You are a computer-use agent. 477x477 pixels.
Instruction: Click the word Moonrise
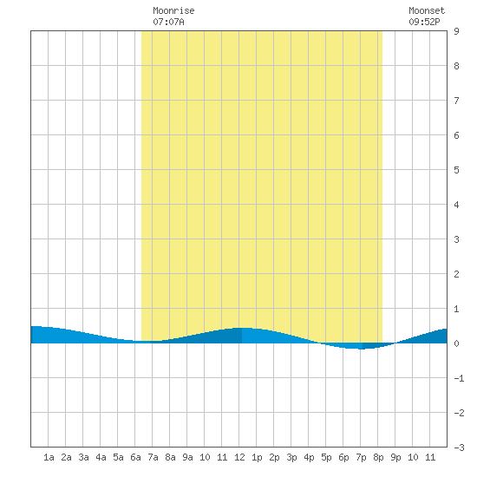click(x=173, y=10)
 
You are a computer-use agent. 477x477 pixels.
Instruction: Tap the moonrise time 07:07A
click(x=168, y=22)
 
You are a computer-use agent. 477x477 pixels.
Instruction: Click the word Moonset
click(x=427, y=10)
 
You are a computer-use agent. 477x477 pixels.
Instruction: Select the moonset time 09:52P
click(x=424, y=22)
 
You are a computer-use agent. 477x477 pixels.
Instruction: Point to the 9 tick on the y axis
click(x=456, y=31)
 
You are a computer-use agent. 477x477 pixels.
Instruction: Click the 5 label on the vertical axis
click(x=456, y=170)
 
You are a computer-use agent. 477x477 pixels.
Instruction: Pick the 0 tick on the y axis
click(x=456, y=343)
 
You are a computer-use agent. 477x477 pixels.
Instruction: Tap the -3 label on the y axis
click(x=459, y=448)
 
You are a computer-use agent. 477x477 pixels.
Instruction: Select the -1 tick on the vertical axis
click(x=459, y=378)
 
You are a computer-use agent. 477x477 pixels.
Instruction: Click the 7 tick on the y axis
click(x=456, y=101)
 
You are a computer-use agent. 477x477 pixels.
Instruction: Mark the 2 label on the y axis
click(x=456, y=274)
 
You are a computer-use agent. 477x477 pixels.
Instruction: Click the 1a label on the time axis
click(x=49, y=457)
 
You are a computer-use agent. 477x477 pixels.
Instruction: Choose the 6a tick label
click(x=135, y=457)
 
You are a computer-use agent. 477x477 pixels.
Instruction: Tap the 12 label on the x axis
click(x=239, y=457)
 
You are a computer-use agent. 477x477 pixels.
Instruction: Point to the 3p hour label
click(x=291, y=457)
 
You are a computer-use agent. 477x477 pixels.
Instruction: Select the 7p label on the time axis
click(x=361, y=457)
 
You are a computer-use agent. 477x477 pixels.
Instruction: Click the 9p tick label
click(x=395, y=457)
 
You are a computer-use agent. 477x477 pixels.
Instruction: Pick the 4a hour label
click(x=101, y=457)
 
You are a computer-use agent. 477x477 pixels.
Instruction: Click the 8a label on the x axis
click(x=170, y=457)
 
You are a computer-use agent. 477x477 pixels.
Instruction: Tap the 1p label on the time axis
click(x=257, y=457)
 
